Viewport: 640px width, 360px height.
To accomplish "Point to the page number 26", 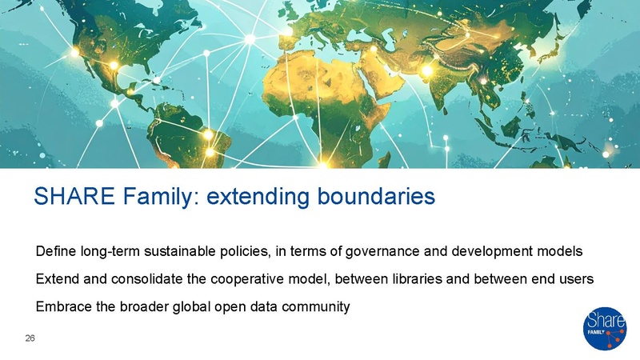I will tap(30, 338).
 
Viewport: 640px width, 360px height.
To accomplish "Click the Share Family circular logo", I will tap(605, 329).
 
